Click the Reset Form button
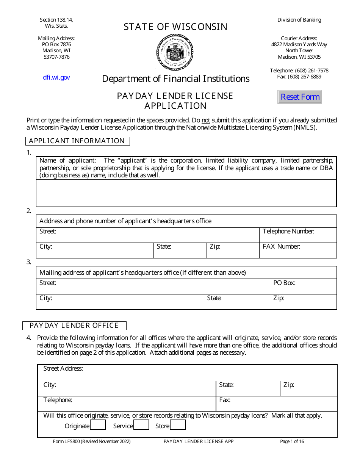pyautogui.click(x=300, y=97)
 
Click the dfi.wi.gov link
pyautogui.click(x=56, y=77)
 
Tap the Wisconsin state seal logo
pyautogui.click(x=175, y=52)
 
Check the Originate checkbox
pyautogui.click(x=98, y=425)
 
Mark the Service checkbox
pyautogui.click(x=141, y=425)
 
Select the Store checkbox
pyautogui.click(x=178, y=425)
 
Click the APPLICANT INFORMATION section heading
pyautogui.click(x=77, y=141)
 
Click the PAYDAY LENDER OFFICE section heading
pyautogui.click(x=74, y=326)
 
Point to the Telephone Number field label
pyautogui.click(x=288, y=231)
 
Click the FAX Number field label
pyautogui.click(x=281, y=246)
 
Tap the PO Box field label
pyautogui.click(x=284, y=283)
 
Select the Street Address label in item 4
pyautogui.click(x=63, y=368)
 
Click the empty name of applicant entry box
pyautogui.click(x=186, y=193)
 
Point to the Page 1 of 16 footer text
pyautogui.click(x=292, y=441)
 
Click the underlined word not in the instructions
pyautogui.click(x=205, y=120)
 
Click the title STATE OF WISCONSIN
pyautogui.click(x=175, y=27)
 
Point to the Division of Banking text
pyautogui.click(x=299, y=20)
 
